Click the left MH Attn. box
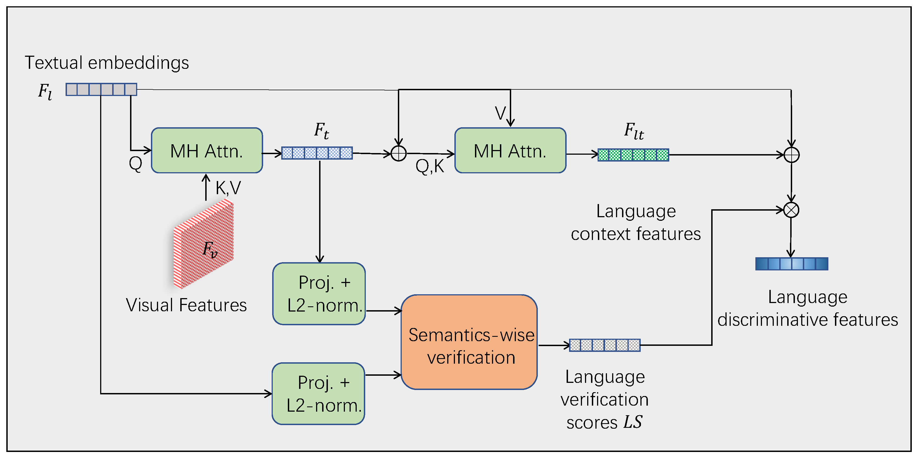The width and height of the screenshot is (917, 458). [207, 151]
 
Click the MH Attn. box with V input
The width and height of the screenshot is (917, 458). [510, 151]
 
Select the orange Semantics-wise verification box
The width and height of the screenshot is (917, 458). [469, 342]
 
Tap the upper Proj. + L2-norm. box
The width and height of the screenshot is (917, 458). [319, 294]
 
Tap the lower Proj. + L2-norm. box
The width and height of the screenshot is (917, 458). [318, 394]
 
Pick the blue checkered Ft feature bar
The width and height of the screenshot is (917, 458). [317, 153]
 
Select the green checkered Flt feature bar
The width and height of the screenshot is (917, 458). [633, 155]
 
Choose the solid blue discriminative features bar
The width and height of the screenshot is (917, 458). [791, 264]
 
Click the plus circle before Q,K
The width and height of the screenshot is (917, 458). [398, 153]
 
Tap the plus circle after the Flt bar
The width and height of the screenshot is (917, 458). [791, 155]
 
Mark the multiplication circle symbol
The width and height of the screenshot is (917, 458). [791, 210]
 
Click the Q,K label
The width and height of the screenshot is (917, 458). [430, 166]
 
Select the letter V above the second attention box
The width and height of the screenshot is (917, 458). [500, 113]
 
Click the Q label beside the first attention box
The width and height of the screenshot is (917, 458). [135, 164]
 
